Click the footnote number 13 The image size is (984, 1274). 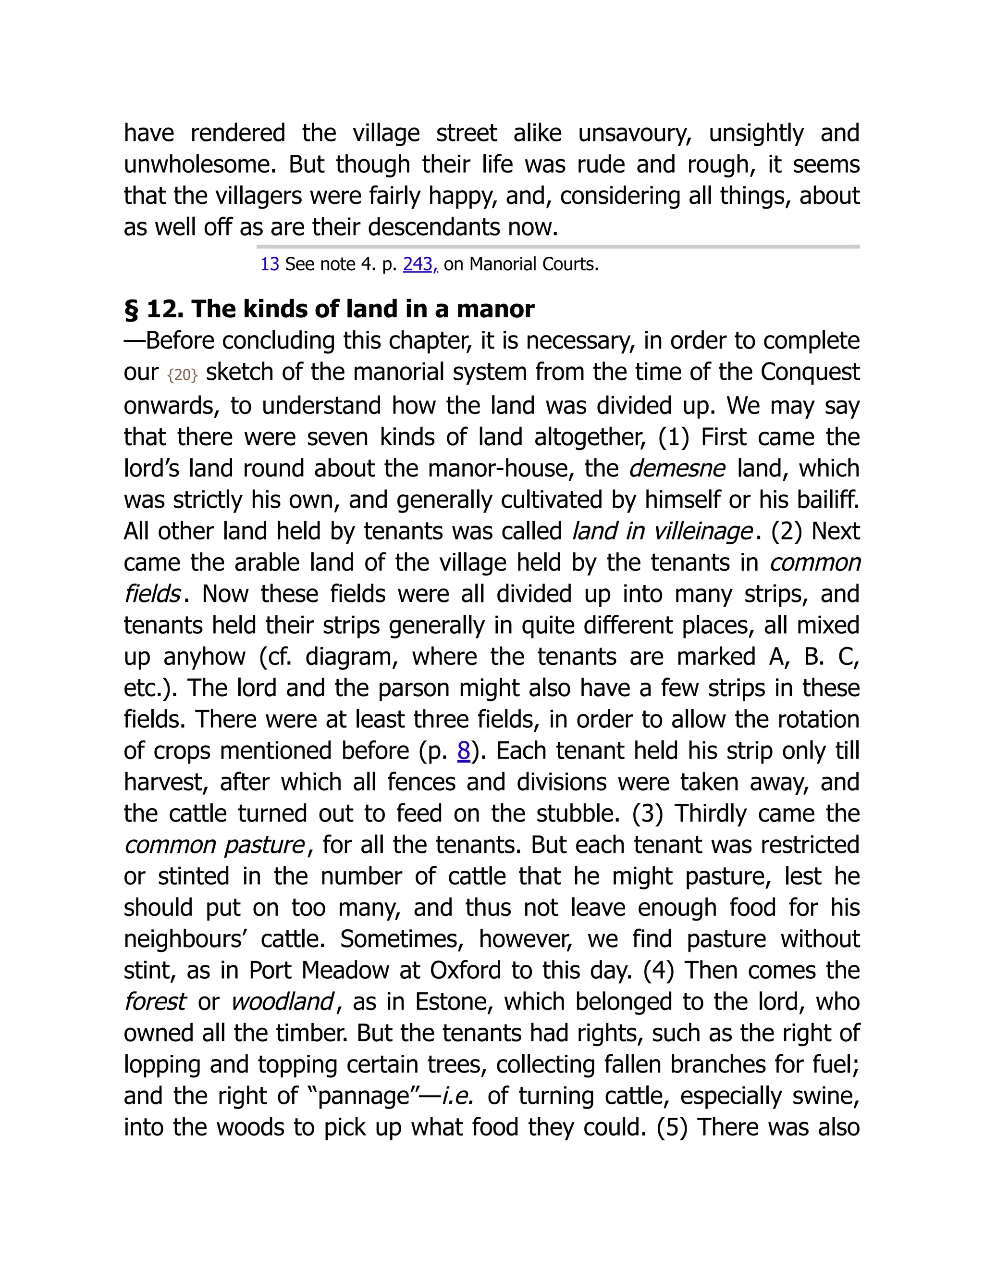click(x=270, y=264)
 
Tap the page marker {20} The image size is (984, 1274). click(x=183, y=375)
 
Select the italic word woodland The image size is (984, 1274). click(x=282, y=1002)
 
